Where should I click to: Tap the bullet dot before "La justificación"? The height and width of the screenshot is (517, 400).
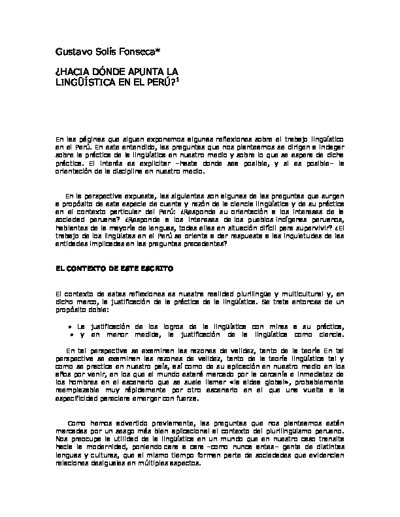(71, 324)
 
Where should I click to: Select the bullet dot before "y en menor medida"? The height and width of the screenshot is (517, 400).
(71, 334)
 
